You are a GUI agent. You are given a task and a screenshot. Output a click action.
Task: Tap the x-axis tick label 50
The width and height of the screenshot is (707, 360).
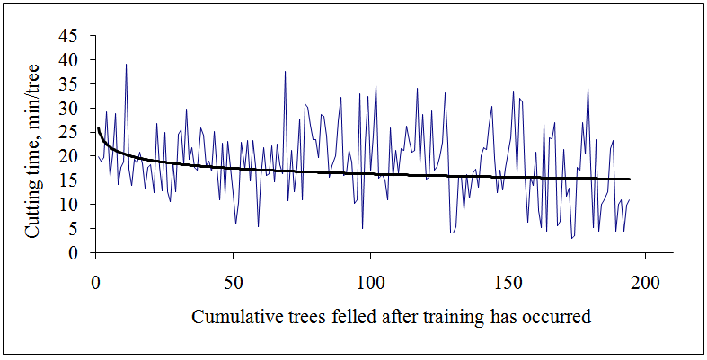coord(233,279)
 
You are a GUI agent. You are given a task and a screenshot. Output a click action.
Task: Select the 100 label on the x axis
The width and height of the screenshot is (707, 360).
coord(370,279)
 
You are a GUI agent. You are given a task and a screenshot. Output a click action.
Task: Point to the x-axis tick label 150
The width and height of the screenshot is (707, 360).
coord(508,279)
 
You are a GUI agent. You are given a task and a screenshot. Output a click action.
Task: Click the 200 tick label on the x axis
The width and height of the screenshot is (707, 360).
coord(645,279)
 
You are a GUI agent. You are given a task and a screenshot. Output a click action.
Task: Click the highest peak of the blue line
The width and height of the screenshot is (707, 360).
coord(126,64)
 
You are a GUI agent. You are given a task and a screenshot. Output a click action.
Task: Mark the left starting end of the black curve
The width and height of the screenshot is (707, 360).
coord(98,128)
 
